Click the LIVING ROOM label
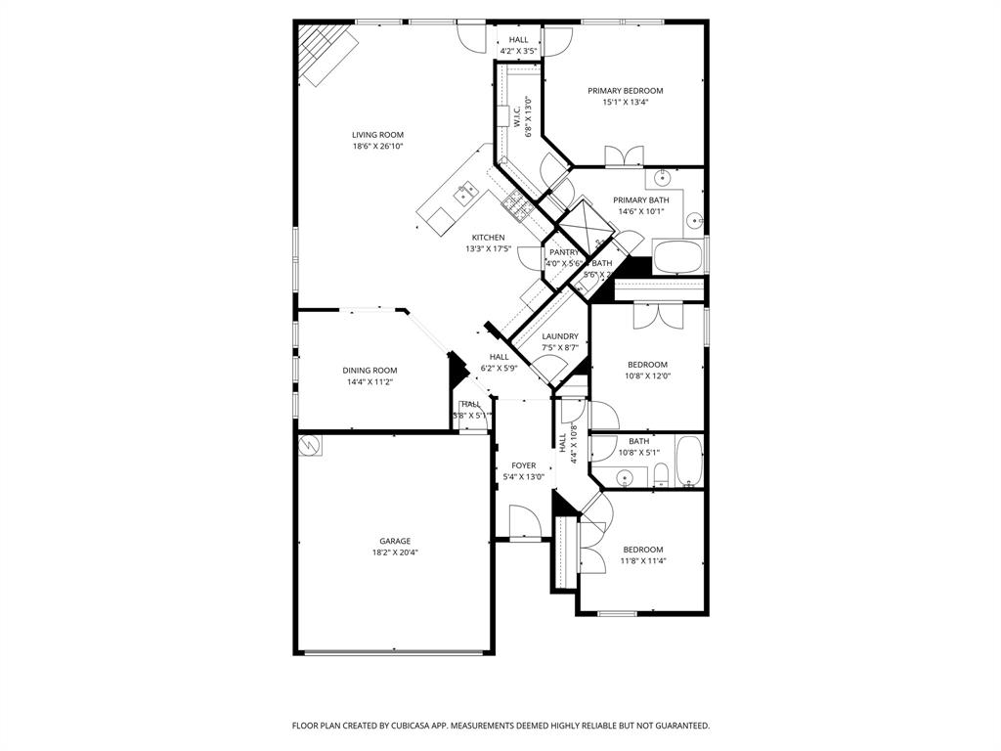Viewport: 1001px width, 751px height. (377, 135)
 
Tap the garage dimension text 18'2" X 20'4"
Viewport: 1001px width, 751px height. (395, 552)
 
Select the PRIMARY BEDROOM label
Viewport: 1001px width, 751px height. (625, 91)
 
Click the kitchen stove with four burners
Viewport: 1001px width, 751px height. (516, 203)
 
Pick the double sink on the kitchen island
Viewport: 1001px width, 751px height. (464, 194)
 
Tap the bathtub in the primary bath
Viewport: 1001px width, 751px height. (677, 257)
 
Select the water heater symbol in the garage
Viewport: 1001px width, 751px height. (310, 445)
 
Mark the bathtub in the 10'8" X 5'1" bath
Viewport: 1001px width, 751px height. (689, 462)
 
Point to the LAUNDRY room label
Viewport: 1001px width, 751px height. (560, 336)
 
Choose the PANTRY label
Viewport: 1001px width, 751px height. (564, 252)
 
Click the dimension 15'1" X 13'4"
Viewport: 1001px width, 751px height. (625, 102)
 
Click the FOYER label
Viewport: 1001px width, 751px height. (523, 465)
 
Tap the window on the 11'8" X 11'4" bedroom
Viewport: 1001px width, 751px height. (617, 614)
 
